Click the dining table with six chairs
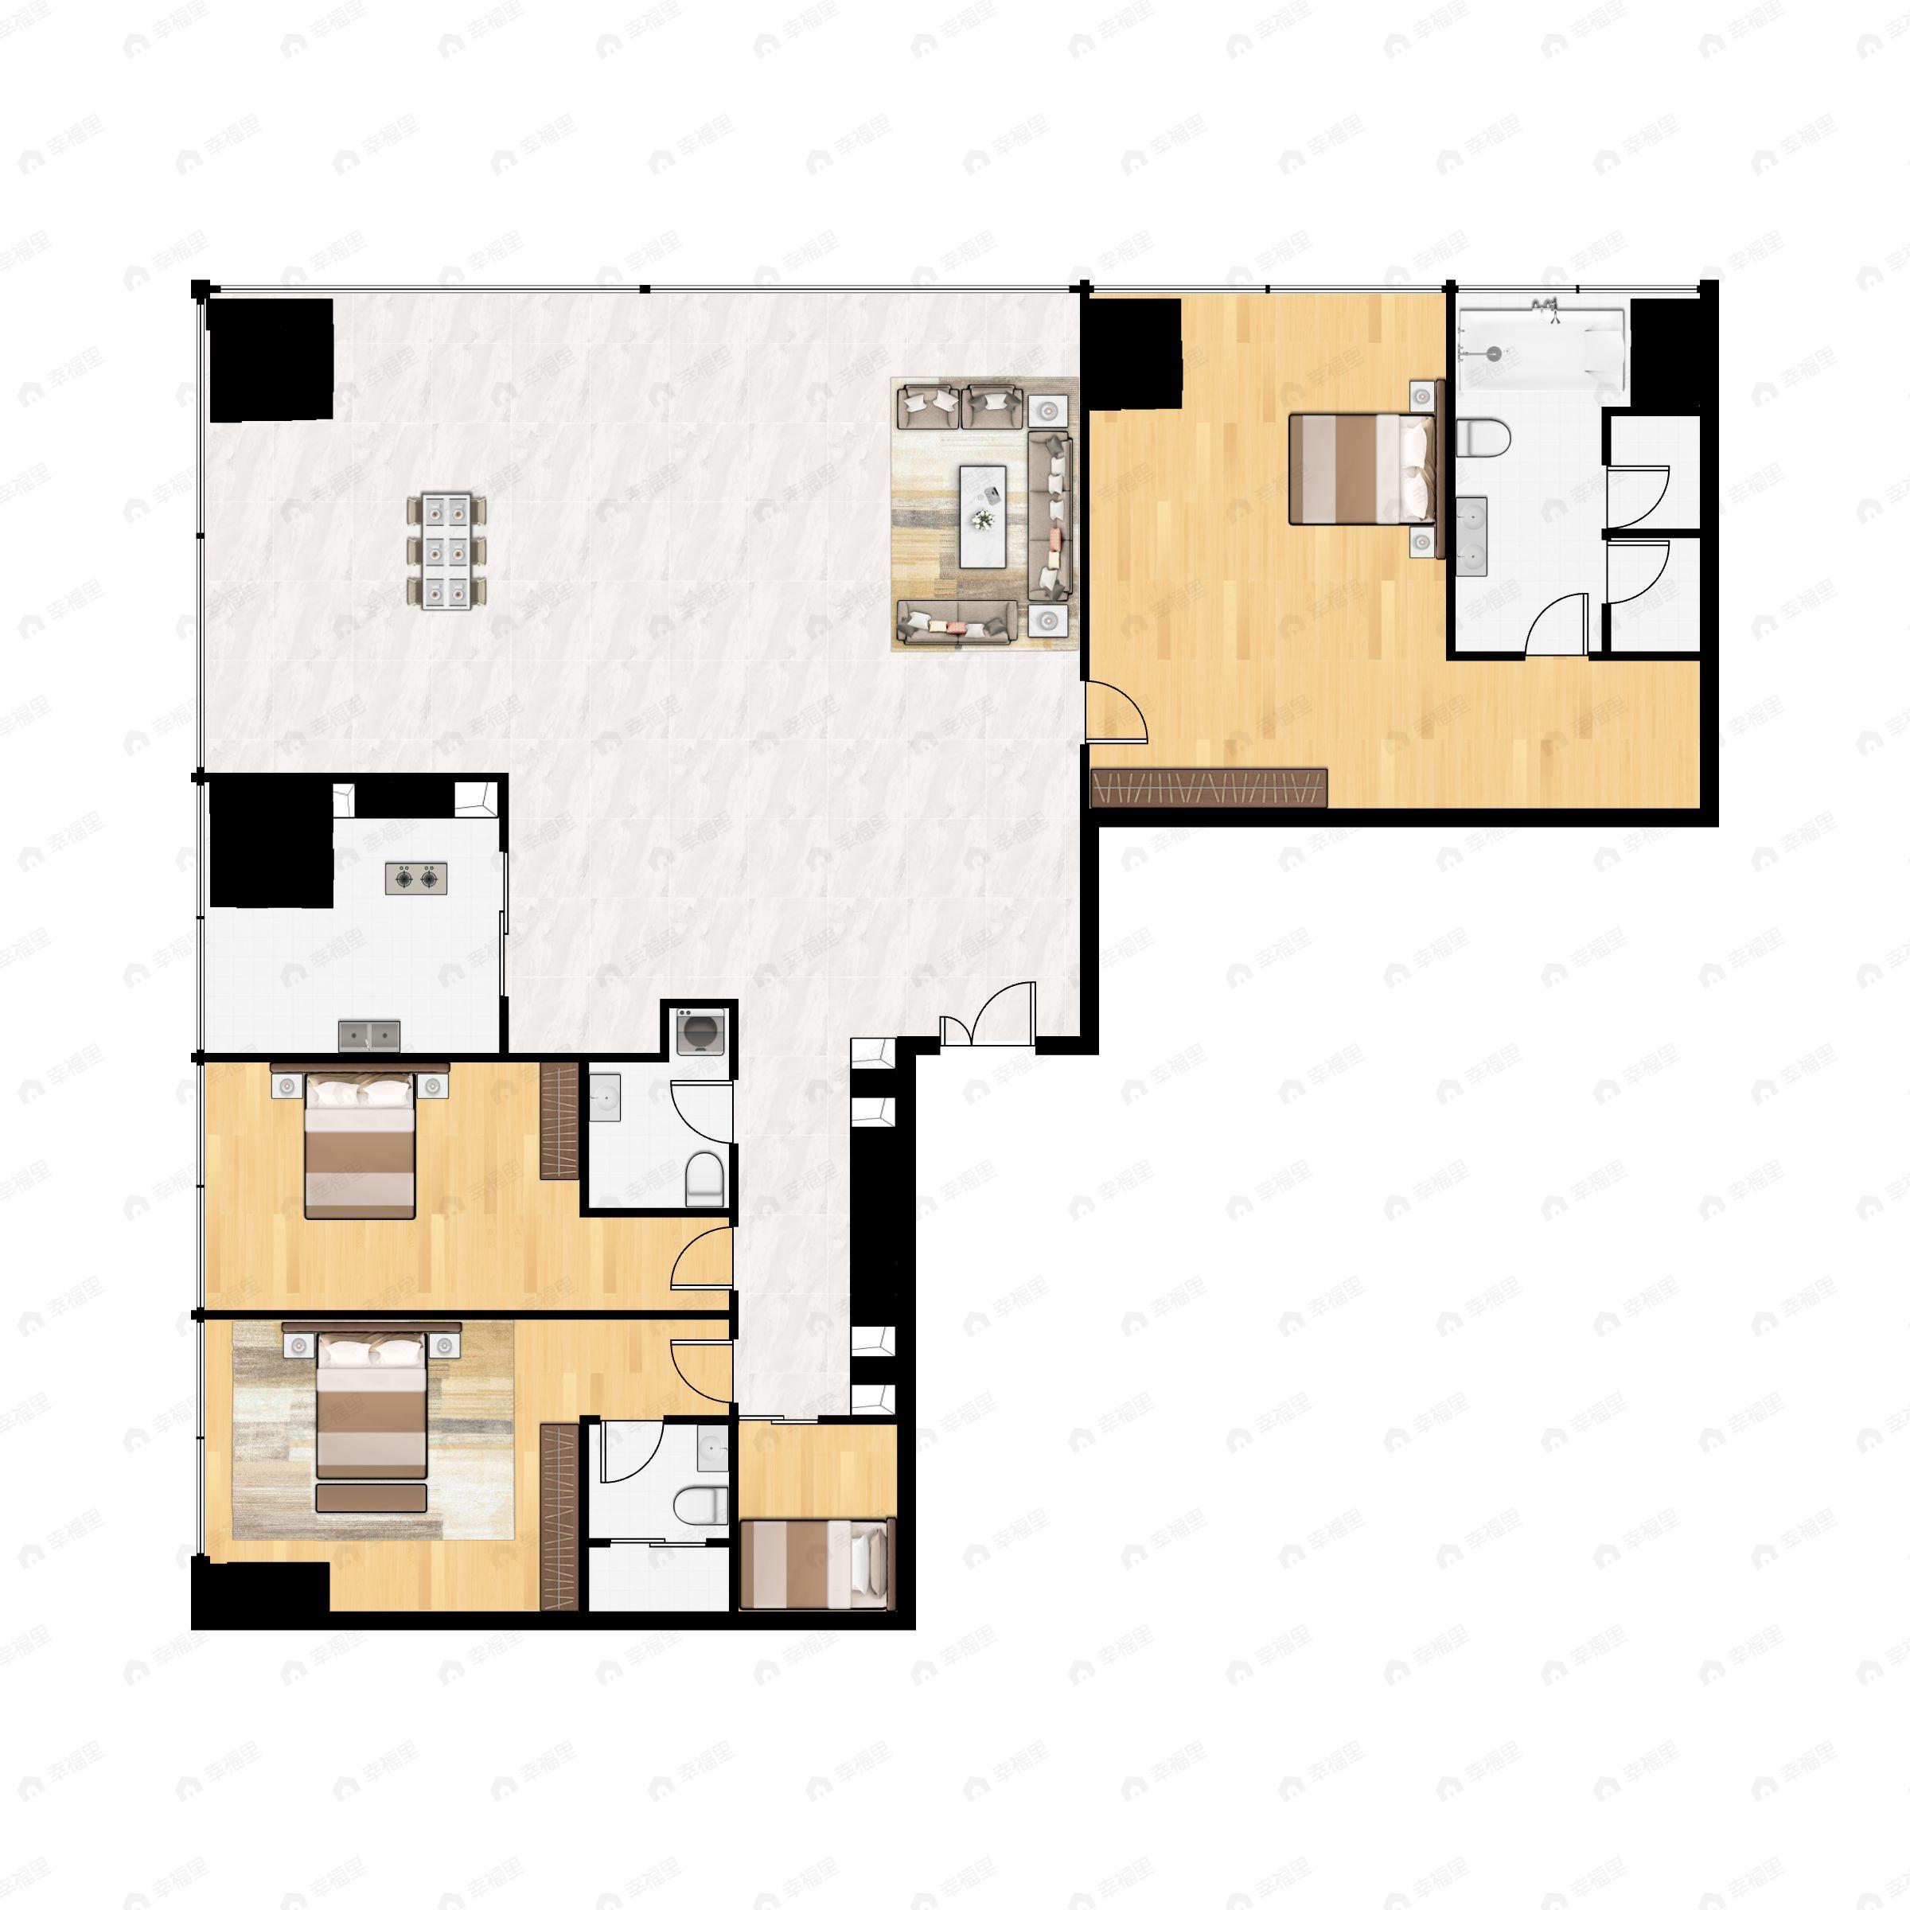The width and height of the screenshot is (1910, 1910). point(446,551)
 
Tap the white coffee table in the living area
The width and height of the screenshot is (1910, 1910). point(983,515)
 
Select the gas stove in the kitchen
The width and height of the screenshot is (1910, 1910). point(416,878)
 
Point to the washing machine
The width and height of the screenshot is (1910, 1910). point(701,1032)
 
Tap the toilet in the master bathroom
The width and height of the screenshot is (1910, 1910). point(1484,437)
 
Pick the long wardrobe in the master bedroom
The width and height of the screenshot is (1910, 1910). point(1208,788)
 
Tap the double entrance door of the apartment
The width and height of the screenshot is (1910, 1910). point(988,1015)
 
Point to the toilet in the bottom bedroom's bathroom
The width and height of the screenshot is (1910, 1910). point(700,1507)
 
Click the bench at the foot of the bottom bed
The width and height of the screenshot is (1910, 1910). point(371,1498)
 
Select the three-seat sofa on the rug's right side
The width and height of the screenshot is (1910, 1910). point(1050,515)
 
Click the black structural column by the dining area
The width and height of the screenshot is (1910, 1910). point(269,361)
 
